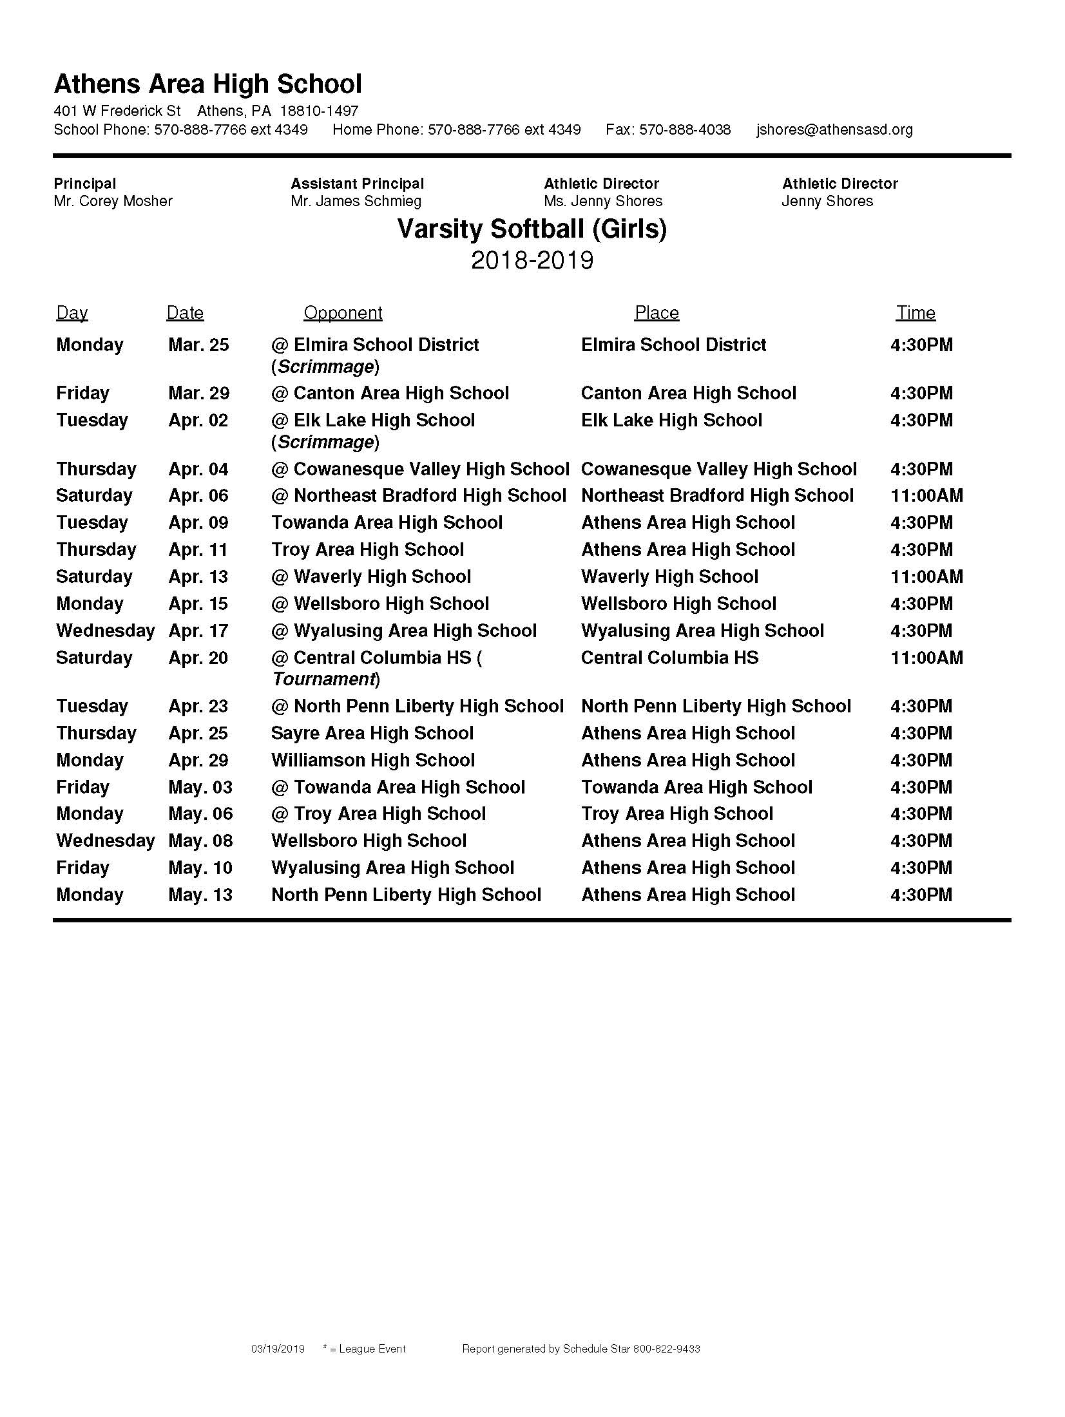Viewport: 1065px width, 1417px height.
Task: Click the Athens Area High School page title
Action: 207,84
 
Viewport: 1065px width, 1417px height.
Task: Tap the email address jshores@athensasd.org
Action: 834,129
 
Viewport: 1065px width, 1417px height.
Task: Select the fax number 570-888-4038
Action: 685,129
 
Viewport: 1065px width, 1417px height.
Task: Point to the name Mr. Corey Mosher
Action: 113,201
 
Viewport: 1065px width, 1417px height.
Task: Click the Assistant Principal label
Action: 358,184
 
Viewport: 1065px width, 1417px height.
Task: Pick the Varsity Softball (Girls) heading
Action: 532,229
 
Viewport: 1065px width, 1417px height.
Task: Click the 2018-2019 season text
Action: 532,260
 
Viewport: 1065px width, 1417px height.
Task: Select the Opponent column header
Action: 343,313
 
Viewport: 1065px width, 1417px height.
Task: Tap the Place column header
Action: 657,313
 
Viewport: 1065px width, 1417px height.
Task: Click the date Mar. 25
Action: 198,345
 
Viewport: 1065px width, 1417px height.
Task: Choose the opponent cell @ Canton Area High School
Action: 390,394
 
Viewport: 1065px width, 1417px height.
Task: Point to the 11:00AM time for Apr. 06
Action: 926,496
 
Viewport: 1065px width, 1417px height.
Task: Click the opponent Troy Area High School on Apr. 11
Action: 367,550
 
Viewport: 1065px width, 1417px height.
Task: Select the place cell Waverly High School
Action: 669,577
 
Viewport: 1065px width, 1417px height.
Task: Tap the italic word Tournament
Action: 324,680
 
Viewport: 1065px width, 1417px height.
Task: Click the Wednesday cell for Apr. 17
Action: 106,631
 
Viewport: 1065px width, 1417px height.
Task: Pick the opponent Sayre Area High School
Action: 372,734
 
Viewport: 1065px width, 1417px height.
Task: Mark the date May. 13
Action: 200,895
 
